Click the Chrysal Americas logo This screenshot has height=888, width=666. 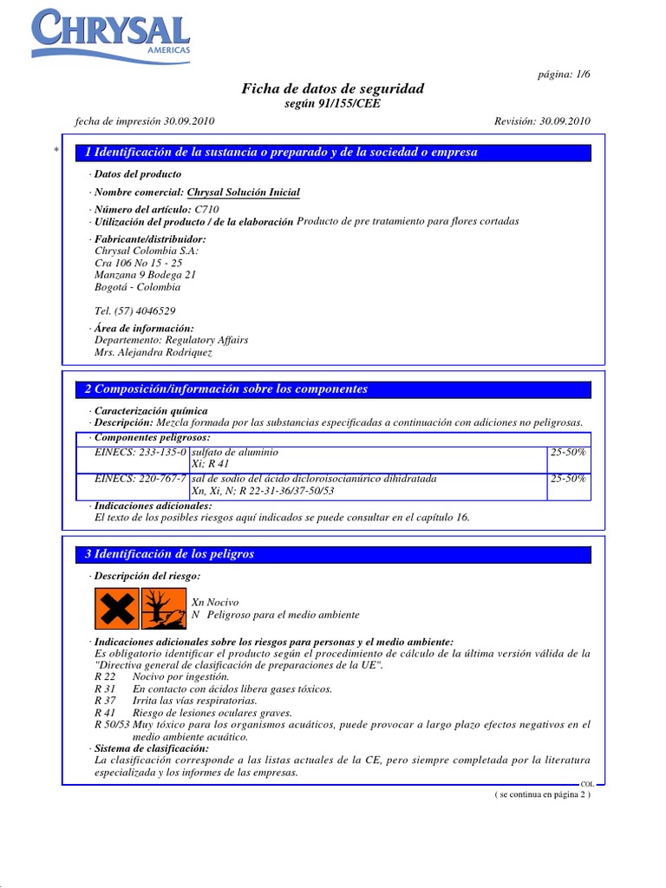point(110,35)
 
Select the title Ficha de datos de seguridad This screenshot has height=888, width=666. point(332,88)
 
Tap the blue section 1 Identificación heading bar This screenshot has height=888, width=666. point(333,153)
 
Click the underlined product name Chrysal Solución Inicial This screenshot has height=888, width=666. point(244,193)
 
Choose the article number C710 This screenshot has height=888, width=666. point(206,210)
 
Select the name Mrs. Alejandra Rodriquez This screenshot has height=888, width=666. point(153,353)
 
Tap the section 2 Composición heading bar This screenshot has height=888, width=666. point(333,389)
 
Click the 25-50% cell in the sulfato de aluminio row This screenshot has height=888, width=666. point(569,453)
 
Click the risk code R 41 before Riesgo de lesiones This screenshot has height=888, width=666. point(103,713)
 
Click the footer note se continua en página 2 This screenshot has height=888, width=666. point(542,794)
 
